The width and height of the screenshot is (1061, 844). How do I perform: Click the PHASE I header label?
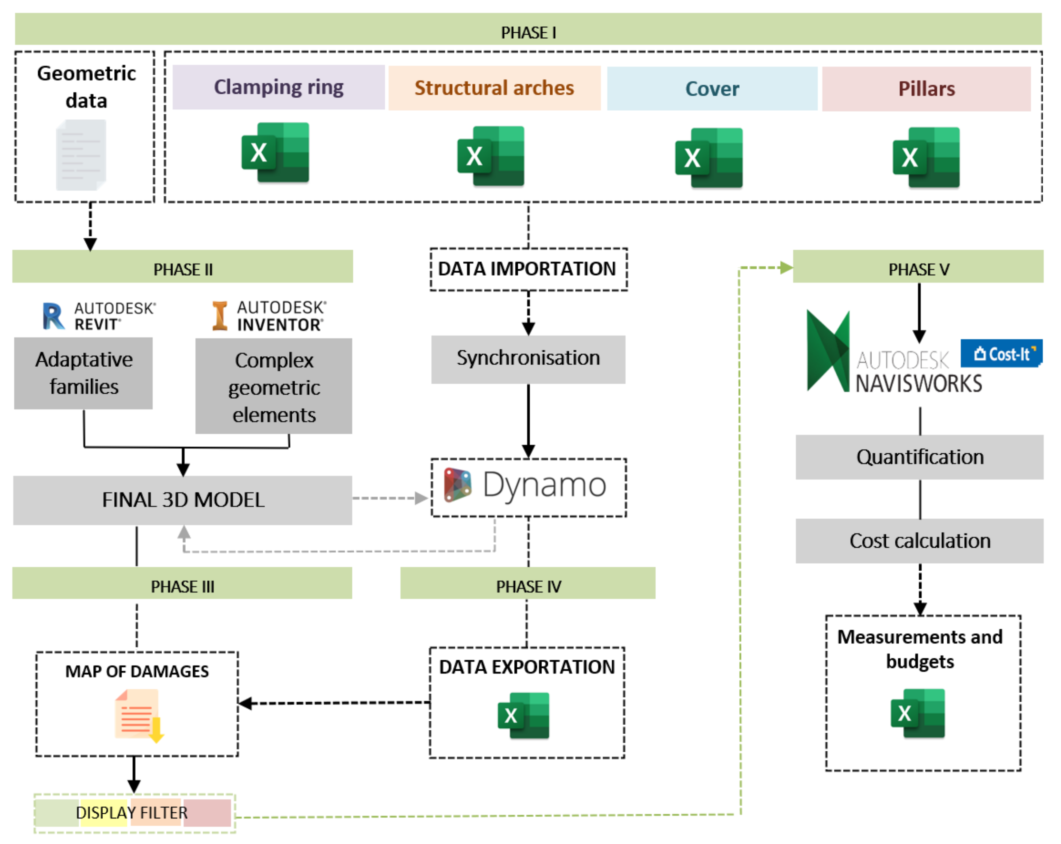click(528, 32)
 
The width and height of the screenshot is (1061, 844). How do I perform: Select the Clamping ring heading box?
click(278, 87)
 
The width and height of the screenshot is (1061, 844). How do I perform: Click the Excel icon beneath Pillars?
click(926, 157)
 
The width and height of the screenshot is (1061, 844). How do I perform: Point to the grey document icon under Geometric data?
click(81, 155)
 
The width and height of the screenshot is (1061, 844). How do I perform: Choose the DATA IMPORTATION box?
click(528, 269)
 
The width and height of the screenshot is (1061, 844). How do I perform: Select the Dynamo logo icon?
click(458, 485)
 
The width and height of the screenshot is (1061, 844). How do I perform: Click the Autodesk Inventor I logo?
click(219, 316)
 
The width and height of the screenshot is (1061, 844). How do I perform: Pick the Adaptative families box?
click(84, 373)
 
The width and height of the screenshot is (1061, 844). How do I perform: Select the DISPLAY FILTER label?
click(132, 813)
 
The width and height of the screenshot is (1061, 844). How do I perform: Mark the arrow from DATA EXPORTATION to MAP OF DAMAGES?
click(335, 703)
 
